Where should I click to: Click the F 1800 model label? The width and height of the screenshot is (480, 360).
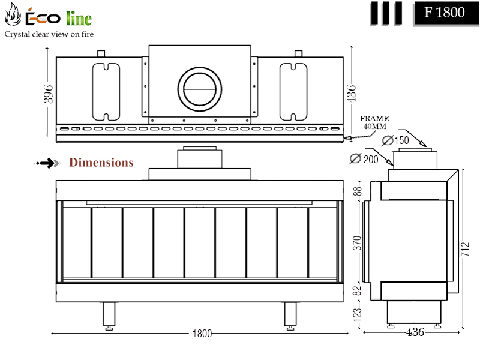tap(444, 13)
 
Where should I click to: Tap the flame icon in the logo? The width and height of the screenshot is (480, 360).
tap(13, 14)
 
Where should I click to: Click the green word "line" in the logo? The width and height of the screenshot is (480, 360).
tap(79, 18)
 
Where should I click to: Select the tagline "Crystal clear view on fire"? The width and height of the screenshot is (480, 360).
tap(49, 34)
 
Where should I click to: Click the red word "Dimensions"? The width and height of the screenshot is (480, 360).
tap(101, 162)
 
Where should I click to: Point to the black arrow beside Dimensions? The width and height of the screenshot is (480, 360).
tap(47, 163)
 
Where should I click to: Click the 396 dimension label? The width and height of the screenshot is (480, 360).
tap(49, 94)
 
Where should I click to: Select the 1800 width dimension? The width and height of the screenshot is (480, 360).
tap(202, 334)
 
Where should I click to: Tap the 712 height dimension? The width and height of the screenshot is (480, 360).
tap(464, 249)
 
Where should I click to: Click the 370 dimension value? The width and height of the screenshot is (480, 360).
tap(357, 243)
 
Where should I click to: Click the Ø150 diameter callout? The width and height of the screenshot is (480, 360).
tap(395, 140)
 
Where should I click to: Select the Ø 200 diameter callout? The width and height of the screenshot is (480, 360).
tap(364, 159)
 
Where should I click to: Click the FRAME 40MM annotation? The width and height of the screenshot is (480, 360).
tap(374, 122)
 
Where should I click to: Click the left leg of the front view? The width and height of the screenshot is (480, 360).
tap(109, 316)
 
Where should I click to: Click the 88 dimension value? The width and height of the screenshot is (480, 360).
tap(357, 191)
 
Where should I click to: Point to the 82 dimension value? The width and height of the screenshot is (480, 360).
tap(357, 290)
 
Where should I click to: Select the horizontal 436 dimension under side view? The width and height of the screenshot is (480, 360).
tap(415, 332)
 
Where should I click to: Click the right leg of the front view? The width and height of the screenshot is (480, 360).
tap(290, 316)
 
